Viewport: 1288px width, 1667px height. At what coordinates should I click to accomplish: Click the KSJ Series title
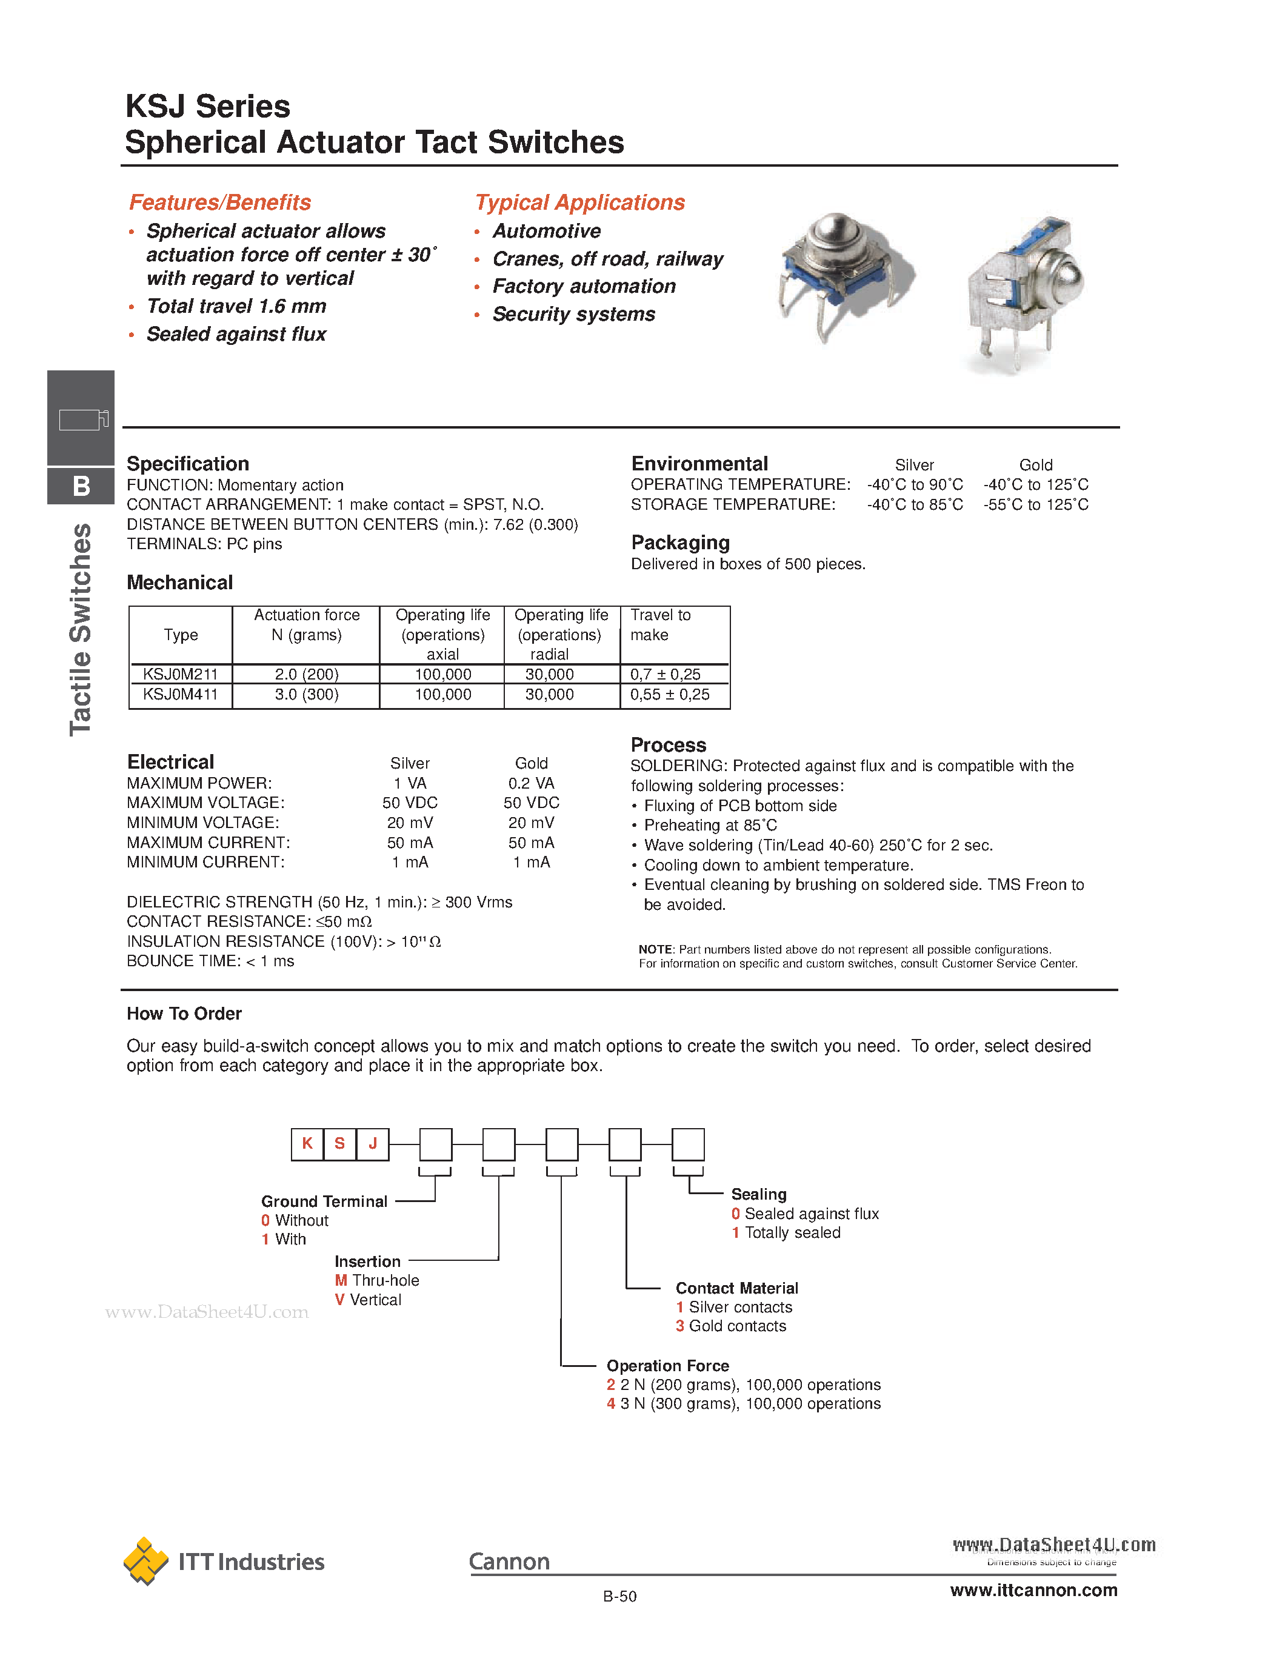pyautogui.click(x=207, y=106)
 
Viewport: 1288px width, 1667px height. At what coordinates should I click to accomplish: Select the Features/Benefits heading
pyautogui.click(x=220, y=202)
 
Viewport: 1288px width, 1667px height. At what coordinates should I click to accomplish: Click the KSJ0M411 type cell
pyautogui.click(x=181, y=695)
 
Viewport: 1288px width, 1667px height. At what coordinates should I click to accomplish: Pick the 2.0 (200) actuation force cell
pyautogui.click(x=307, y=675)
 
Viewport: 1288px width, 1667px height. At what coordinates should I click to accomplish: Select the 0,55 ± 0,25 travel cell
pyautogui.click(x=669, y=695)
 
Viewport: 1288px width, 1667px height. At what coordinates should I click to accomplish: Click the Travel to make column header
pyautogui.click(x=660, y=625)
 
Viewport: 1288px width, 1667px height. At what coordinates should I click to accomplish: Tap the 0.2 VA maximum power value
pyautogui.click(x=531, y=783)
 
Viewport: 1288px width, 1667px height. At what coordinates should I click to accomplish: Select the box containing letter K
pyautogui.click(x=307, y=1143)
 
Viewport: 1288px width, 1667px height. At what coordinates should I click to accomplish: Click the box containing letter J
pyautogui.click(x=372, y=1143)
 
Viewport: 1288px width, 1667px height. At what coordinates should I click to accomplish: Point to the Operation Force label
pyautogui.click(x=668, y=1366)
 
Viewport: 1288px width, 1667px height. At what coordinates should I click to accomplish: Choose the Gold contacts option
pyautogui.click(x=736, y=1326)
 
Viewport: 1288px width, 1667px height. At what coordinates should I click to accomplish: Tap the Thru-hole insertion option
pyautogui.click(x=384, y=1280)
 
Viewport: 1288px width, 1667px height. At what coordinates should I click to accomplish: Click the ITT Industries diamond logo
pyautogui.click(x=145, y=1560)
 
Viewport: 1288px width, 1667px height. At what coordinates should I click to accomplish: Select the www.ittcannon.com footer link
pyautogui.click(x=1033, y=1591)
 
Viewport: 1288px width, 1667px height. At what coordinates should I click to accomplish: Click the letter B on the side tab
pyautogui.click(x=81, y=486)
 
